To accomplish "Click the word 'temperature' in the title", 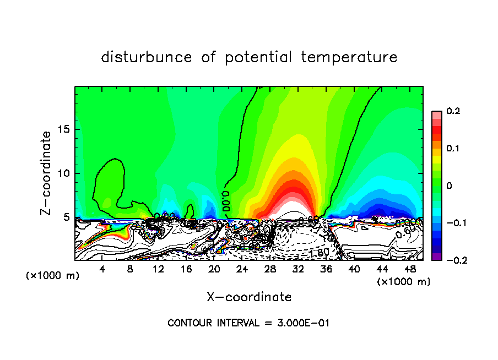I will point(349,57).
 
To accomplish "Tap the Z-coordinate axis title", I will point(46,173).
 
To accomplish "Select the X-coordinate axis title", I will point(249,297).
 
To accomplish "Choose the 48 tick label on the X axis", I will point(410,269).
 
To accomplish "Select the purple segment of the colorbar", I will point(436,257).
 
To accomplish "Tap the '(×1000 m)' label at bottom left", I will point(53,275).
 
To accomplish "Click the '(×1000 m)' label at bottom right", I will point(404,281).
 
